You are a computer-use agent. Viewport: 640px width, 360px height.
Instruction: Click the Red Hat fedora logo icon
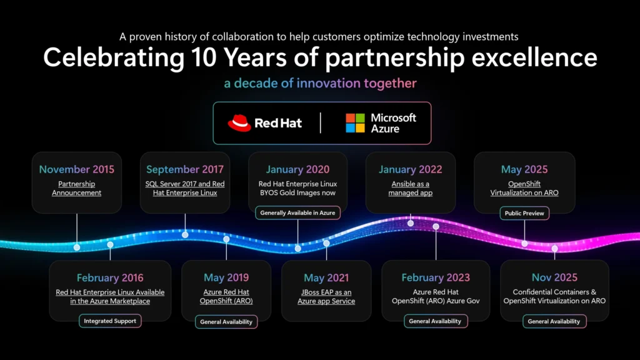(x=239, y=123)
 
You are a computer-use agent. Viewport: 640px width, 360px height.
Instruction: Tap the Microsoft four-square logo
(x=355, y=123)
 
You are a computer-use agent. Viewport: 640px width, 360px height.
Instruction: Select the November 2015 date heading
(x=77, y=169)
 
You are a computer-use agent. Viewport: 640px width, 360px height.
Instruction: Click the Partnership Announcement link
(x=77, y=188)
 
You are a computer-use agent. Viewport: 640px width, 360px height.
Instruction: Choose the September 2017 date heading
(x=185, y=169)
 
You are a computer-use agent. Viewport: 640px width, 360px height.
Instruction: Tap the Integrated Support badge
(x=110, y=321)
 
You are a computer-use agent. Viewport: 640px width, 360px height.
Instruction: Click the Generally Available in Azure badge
(x=297, y=212)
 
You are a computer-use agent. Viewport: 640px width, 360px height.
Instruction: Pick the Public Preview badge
(x=524, y=213)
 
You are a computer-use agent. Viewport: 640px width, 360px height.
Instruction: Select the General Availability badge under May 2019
(x=226, y=322)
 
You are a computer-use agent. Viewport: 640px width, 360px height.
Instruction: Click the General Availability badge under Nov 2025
(x=554, y=321)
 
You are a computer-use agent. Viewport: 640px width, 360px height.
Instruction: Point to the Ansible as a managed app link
(x=410, y=188)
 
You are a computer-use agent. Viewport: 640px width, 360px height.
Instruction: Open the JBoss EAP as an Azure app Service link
(x=326, y=297)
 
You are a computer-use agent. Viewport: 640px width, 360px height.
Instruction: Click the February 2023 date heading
(x=436, y=277)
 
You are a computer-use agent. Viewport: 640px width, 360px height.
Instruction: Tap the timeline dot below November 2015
(x=77, y=247)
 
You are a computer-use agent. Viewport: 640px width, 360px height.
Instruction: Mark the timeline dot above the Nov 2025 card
(x=555, y=248)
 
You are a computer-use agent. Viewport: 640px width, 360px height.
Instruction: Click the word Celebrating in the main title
(x=114, y=57)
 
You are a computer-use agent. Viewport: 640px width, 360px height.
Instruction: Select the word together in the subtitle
(x=390, y=83)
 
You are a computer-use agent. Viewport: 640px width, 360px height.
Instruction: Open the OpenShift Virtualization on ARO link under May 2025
(x=524, y=188)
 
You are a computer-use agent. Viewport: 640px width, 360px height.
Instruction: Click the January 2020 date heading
(x=297, y=169)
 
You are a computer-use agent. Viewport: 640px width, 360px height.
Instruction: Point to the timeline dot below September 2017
(x=185, y=235)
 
